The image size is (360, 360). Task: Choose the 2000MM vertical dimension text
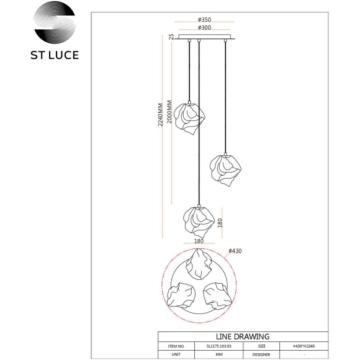[x=171, y=114]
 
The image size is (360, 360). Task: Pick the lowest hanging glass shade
[x=198, y=220]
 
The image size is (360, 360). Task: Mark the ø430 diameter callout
[x=235, y=251]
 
